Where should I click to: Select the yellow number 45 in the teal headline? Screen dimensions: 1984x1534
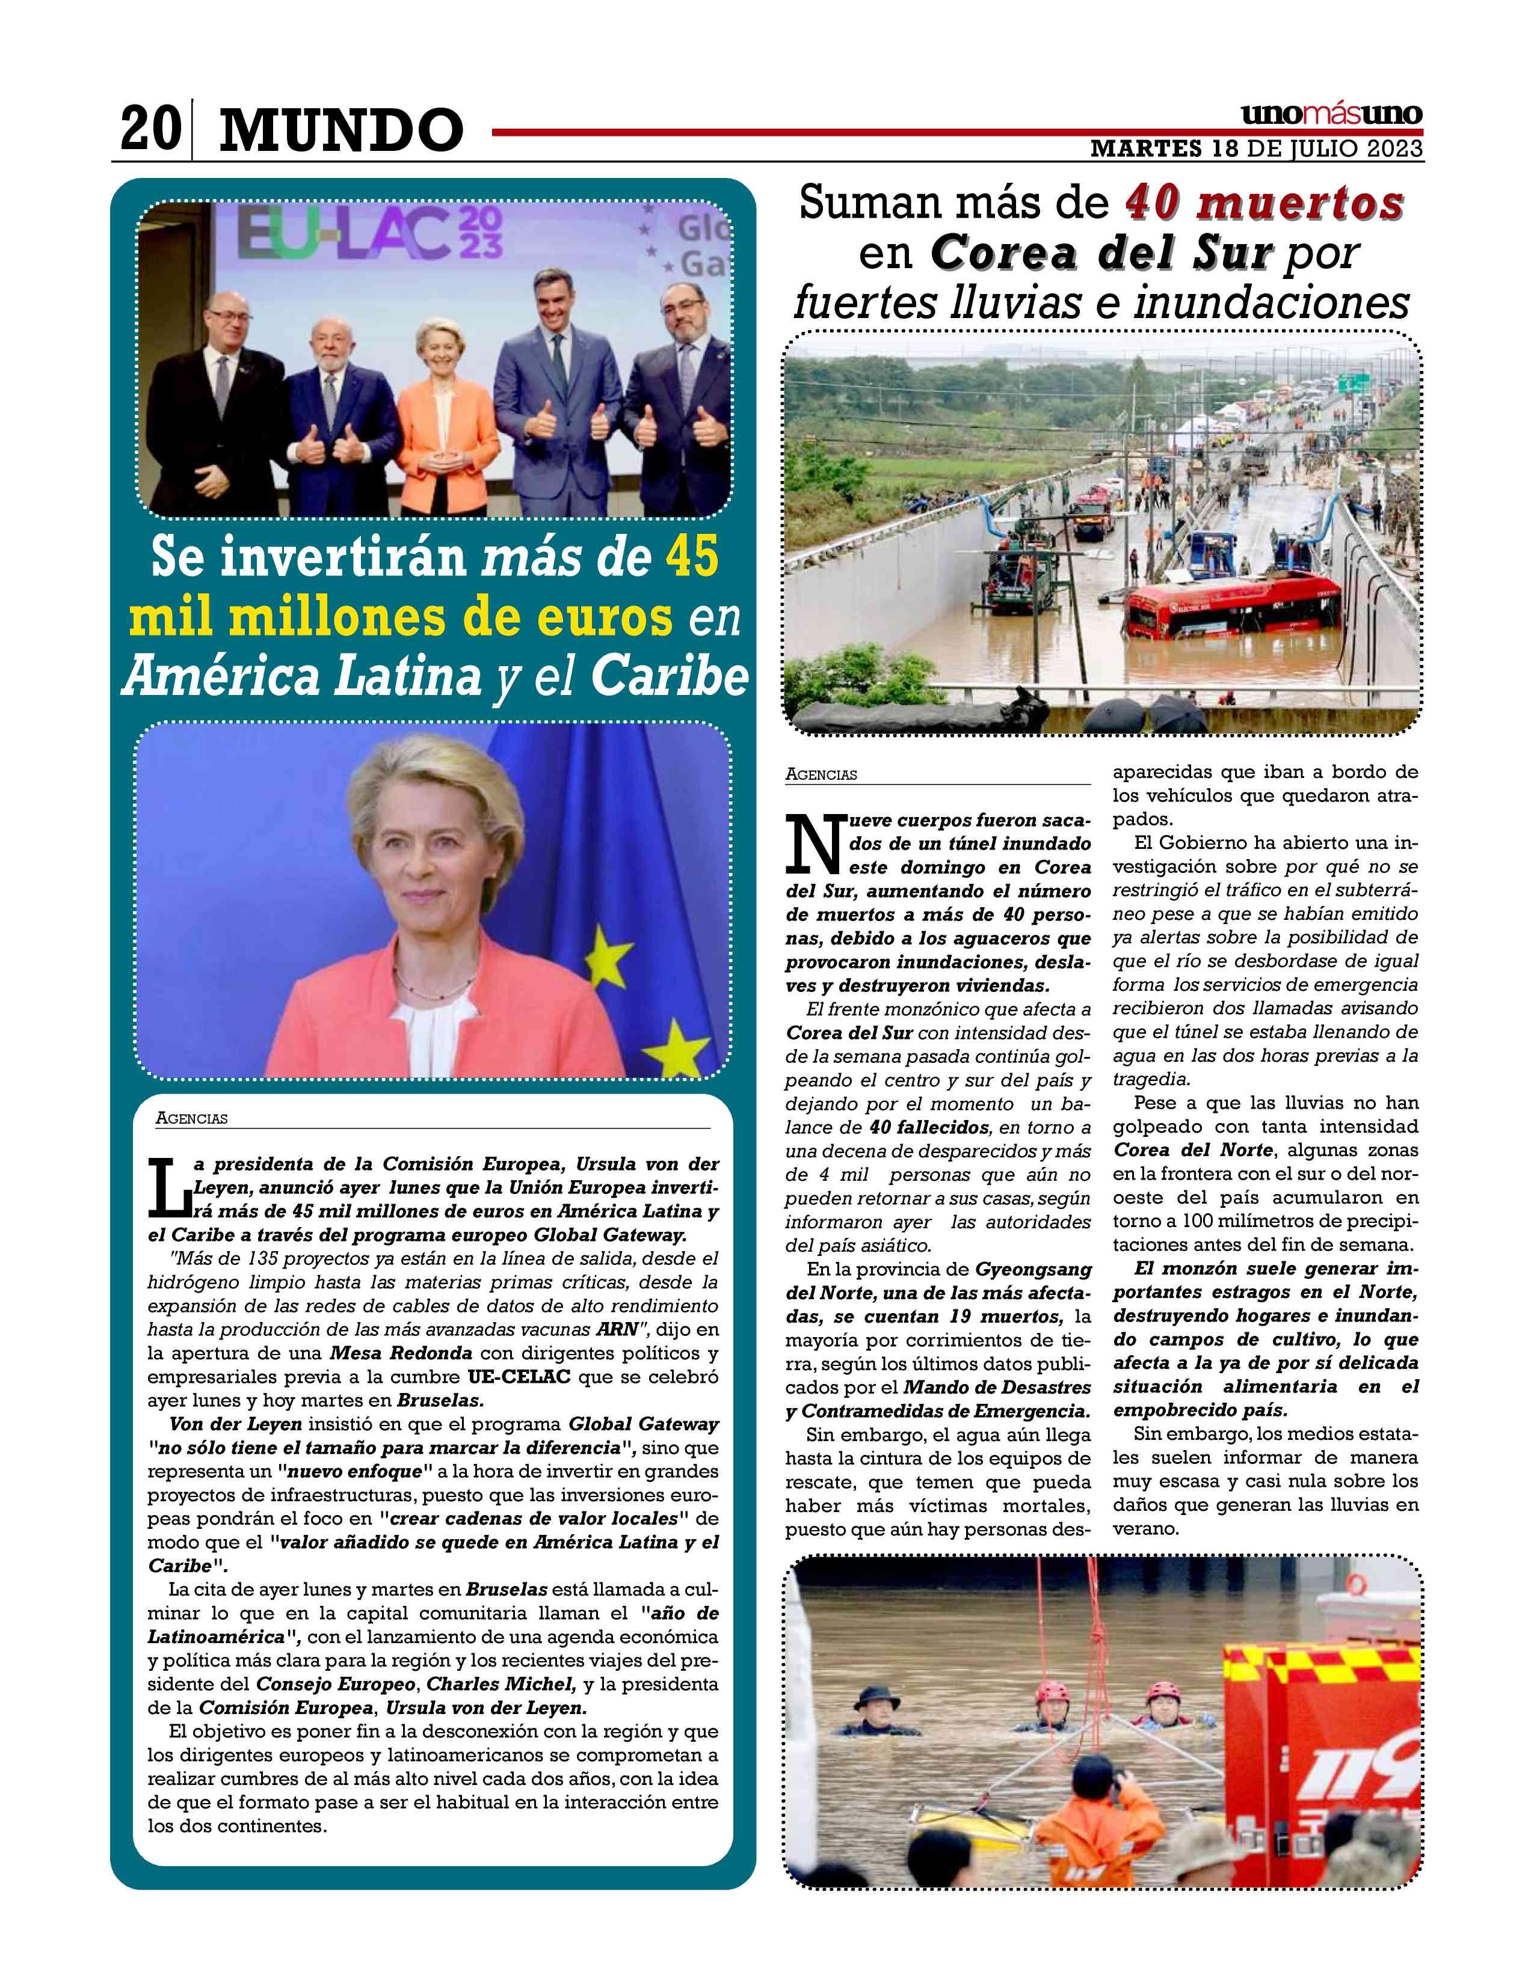point(692,556)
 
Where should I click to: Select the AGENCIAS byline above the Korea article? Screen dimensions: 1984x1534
point(822,775)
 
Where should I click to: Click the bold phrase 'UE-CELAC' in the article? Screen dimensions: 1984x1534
point(519,1376)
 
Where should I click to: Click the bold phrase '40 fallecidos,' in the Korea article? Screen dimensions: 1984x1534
point(929,1127)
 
